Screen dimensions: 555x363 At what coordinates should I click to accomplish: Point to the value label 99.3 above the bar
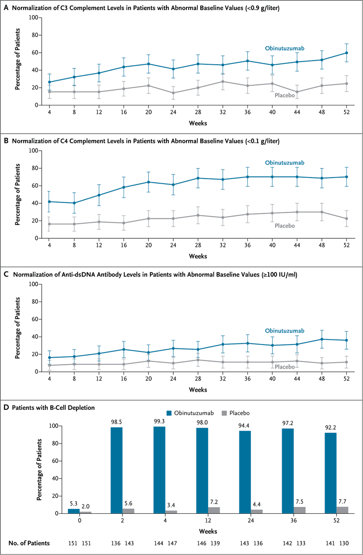click(x=159, y=422)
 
